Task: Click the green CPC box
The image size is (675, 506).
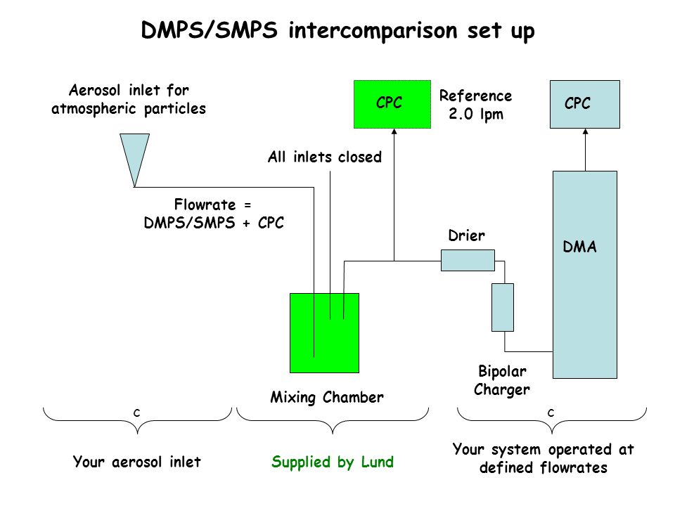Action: pyautogui.click(x=392, y=104)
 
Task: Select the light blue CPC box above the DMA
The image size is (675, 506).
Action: pyautogui.click(x=584, y=104)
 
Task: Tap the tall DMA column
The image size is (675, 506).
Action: pyautogui.click(x=584, y=275)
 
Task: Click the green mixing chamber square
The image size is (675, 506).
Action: pyautogui.click(x=324, y=332)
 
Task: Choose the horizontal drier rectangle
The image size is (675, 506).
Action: pyautogui.click(x=468, y=260)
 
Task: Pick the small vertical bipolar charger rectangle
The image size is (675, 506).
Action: pyautogui.click(x=502, y=307)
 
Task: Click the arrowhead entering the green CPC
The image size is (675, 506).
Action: pyautogui.click(x=394, y=131)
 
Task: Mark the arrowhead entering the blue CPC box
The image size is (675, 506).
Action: pyautogui.click(x=585, y=131)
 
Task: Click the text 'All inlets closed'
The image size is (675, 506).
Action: pyautogui.click(x=325, y=157)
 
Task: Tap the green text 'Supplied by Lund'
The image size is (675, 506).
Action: pyautogui.click(x=333, y=462)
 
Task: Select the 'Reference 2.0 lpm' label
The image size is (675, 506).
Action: pyautogui.click(x=476, y=105)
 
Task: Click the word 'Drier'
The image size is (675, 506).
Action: pyautogui.click(x=466, y=235)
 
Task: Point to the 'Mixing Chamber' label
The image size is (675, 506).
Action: pyautogui.click(x=327, y=397)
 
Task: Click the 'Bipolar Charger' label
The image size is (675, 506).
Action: pyautogui.click(x=502, y=380)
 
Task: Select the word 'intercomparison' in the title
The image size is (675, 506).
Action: pyautogui.click(x=373, y=30)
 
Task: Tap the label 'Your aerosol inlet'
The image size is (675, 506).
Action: pyautogui.click(x=137, y=462)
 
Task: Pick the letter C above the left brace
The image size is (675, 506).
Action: pyautogui.click(x=137, y=413)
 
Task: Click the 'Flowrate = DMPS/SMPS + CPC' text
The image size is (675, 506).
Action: pyautogui.click(x=214, y=214)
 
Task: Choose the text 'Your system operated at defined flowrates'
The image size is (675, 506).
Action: pyautogui.click(x=544, y=458)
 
